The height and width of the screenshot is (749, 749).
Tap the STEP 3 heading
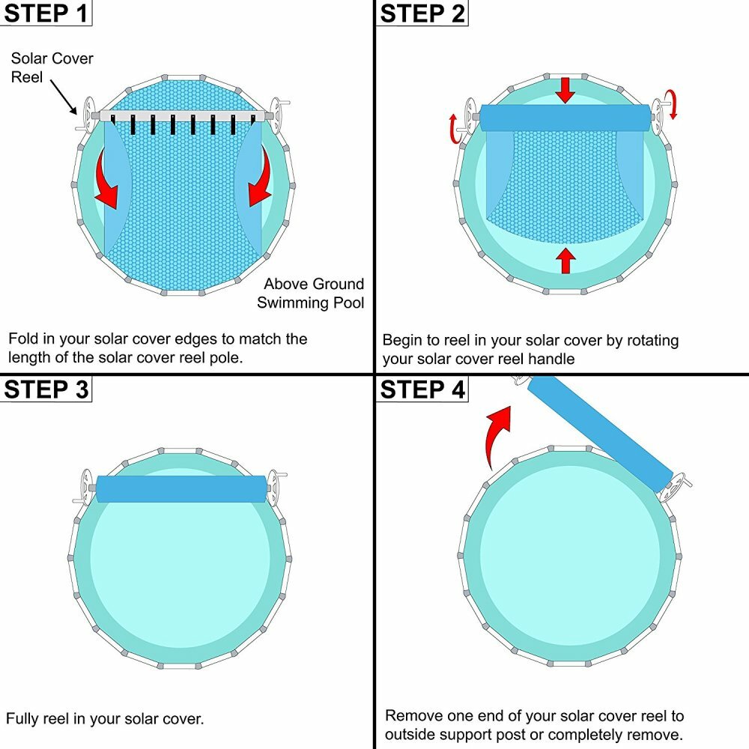(46, 389)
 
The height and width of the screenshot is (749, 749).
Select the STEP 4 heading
(422, 389)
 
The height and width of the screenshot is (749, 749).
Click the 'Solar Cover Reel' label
(52, 67)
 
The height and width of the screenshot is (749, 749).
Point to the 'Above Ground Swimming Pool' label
(312, 293)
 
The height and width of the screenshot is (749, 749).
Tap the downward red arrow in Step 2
(566, 91)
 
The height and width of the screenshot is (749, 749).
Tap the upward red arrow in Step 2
(566, 260)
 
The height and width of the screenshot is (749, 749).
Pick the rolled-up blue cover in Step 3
(182, 488)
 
